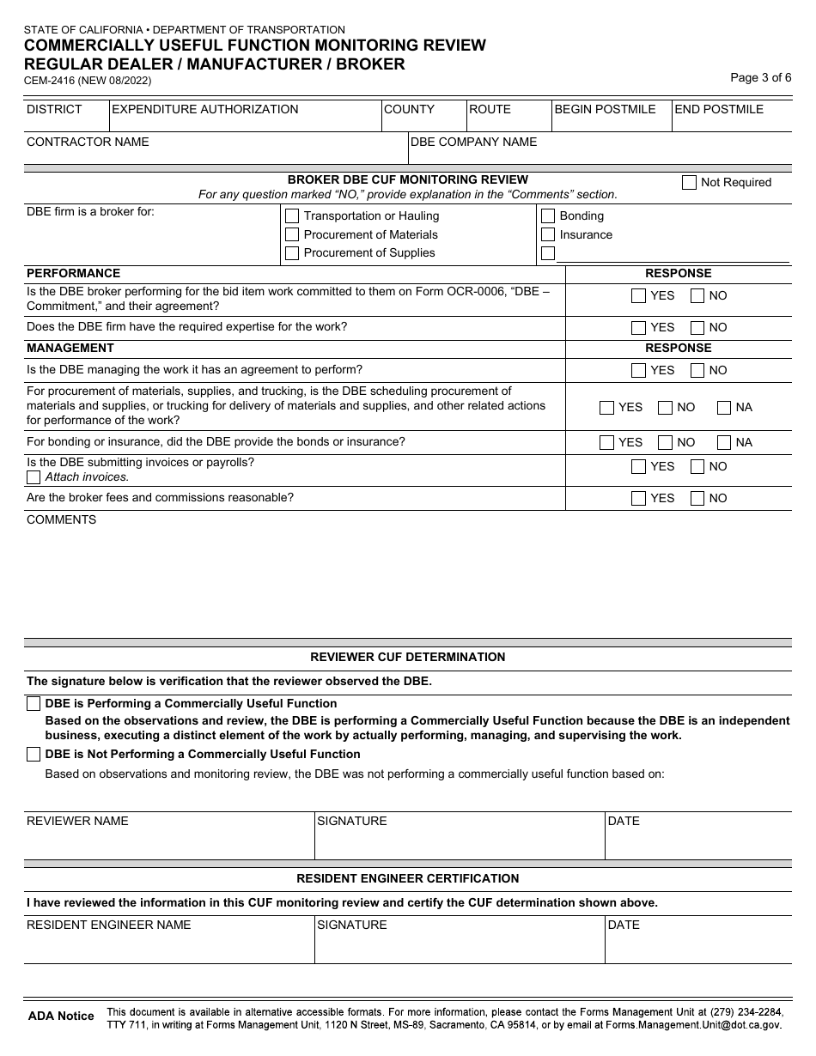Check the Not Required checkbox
coord(689,182)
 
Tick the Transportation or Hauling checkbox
coord(292,216)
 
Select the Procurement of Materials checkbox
coord(292,234)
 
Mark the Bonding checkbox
coord(548,216)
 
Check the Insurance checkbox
coord(548,234)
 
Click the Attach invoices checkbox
coord(33,477)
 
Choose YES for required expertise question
coord(638,327)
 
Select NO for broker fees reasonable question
coord(697,498)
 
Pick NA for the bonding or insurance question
coord(724,442)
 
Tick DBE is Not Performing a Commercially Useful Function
coord(33,755)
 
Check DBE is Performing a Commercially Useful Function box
coord(33,704)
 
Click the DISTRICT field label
coord(54,110)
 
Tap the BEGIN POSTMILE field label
coord(605,110)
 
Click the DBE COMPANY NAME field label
coord(473,142)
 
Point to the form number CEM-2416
coord(51,81)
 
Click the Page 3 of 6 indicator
coord(760,77)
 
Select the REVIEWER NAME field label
coord(77,822)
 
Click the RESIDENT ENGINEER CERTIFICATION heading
coord(407,879)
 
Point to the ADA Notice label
coord(61,1017)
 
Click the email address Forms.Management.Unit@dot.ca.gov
coord(693,1025)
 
